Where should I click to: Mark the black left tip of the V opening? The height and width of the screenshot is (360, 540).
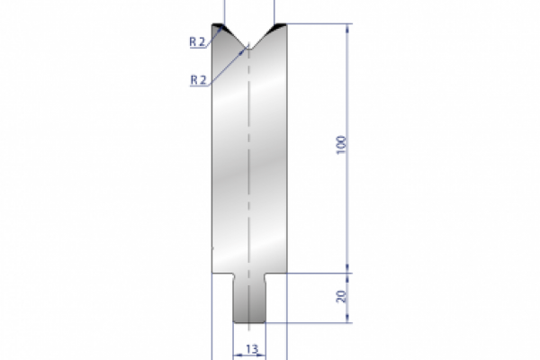219,27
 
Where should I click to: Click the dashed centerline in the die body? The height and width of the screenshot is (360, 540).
248,162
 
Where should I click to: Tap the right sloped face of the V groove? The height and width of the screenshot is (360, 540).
264,37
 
